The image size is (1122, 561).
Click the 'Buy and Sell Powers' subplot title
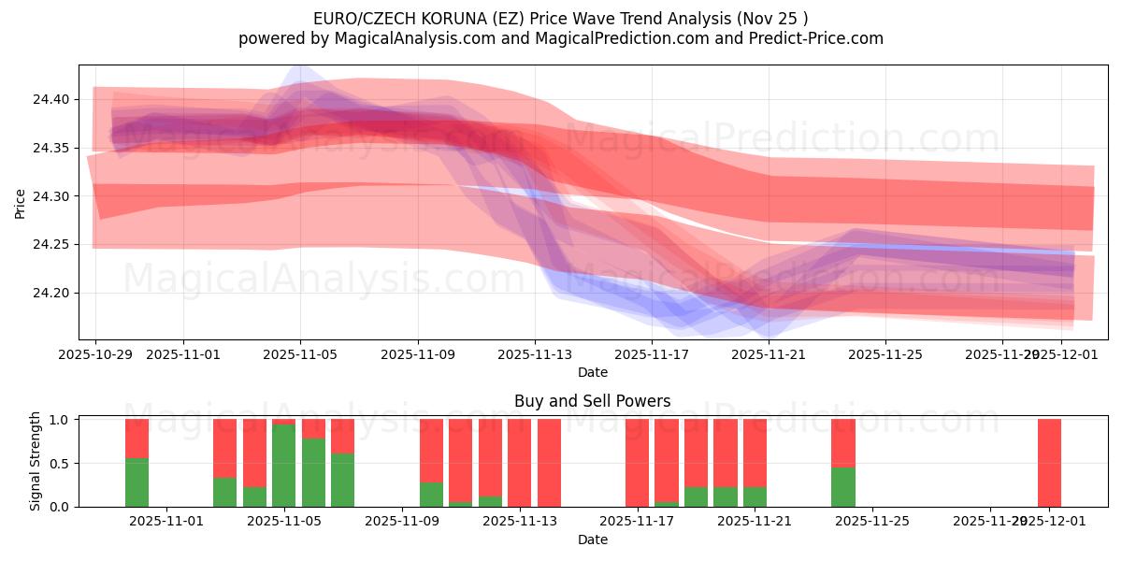pyautogui.click(x=592, y=401)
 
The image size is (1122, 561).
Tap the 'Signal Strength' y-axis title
pyautogui.click(x=35, y=461)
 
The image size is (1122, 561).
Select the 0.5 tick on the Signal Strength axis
pyautogui.click(x=58, y=464)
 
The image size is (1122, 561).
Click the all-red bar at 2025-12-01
pyautogui.click(x=1049, y=463)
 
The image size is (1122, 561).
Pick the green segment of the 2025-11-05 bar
pyautogui.click(x=283, y=466)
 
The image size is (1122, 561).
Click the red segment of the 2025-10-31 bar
pyautogui.click(x=137, y=438)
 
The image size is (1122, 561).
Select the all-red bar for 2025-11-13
pyautogui.click(x=519, y=463)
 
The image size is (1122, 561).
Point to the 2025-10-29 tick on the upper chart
pyautogui.click(x=95, y=354)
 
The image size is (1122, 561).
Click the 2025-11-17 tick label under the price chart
pyautogui.click(x=652, y=354)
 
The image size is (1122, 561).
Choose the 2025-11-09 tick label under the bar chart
pyautogui.click(x=402, y=522)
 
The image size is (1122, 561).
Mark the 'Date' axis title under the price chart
pyautogui.click(x=592, y=372)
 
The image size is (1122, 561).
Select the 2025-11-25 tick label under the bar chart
pyautogui.click(x=872, y=522)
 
